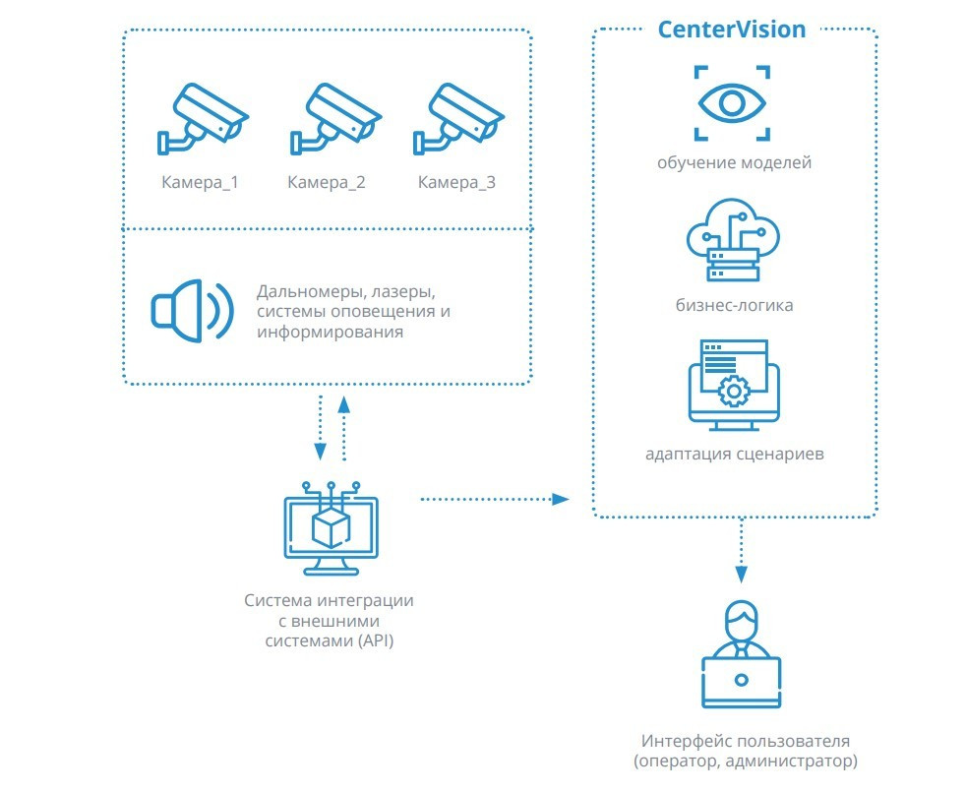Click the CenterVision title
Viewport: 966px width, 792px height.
point(731,30)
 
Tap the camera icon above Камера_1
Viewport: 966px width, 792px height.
point(203,118)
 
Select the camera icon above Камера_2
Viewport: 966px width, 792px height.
point(335,118)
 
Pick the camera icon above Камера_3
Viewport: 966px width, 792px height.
point(459,118)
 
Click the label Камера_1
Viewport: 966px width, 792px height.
point(200,182)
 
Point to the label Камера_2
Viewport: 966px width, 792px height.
point(327,182)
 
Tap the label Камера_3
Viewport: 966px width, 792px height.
point(456,182)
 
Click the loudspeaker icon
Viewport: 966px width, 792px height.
point(192,311)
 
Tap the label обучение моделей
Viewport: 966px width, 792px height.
point(734,162)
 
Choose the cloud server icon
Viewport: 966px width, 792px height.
point(733,240)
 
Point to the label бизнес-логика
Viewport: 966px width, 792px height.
point(734,305)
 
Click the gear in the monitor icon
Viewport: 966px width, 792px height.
point(733,391)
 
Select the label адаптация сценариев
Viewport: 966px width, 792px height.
point(735,455)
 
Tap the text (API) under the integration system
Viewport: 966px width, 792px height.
point(375,641)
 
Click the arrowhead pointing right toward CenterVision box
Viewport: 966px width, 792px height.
point(560,499)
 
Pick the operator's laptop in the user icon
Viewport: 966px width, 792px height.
point(741,683)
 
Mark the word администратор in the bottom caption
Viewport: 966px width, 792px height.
point(791,762)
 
